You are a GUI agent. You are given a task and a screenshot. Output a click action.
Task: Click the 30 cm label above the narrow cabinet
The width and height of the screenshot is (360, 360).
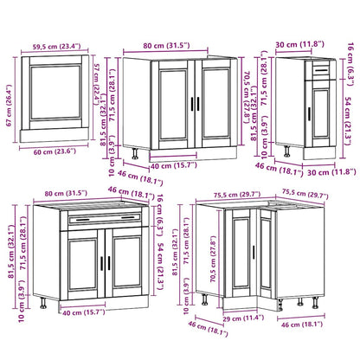pyautogui.click(x=305, y=44)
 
